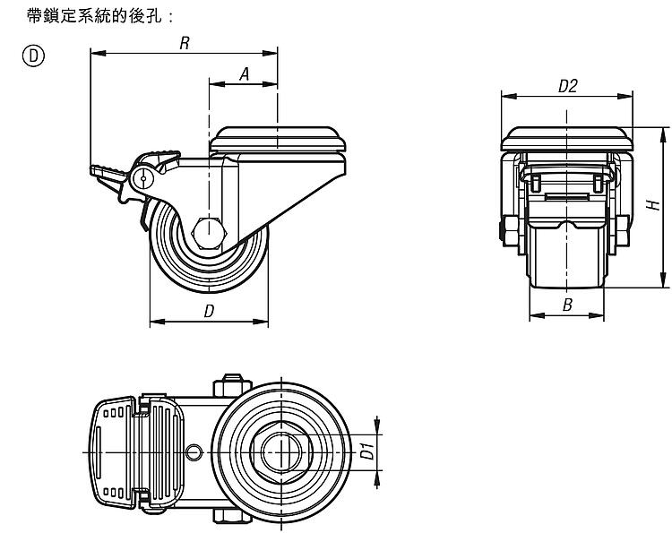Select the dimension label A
[x=244, y=75]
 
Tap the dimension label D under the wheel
[x=209, y=311]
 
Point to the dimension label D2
[x=566, y=86]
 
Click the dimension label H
[x=654, y=208]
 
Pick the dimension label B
[x=566, y=305]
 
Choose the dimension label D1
[x=366, y=451]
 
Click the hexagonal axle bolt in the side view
[x=207, y=230]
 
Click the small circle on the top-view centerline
[x=193, y=451]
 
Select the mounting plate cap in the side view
[x=278, y=139]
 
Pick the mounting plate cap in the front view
[x=566, y=139]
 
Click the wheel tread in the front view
[x=566, y=255]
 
